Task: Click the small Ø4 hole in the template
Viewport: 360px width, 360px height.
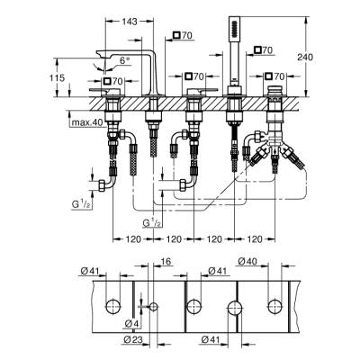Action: point(153,307)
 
